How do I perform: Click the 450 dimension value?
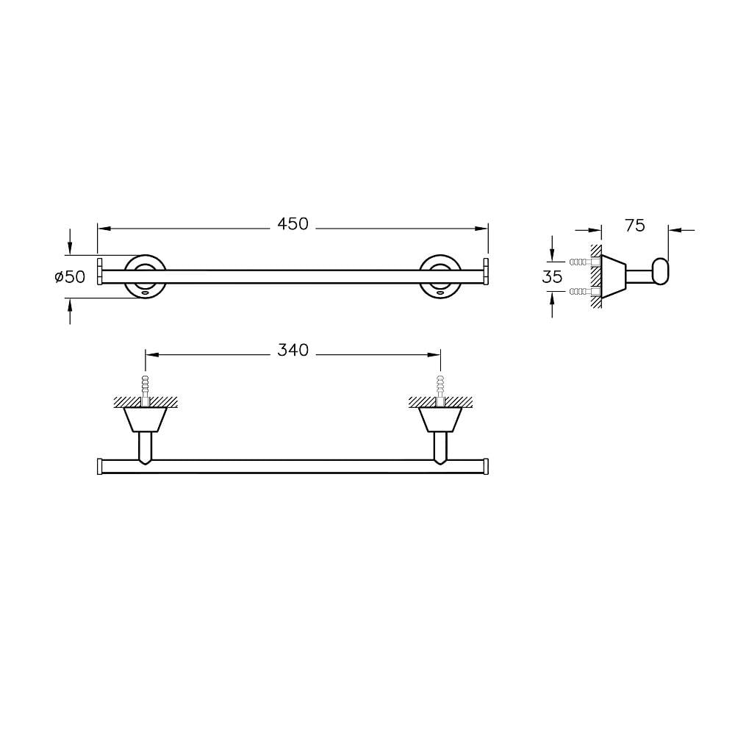(x=293, y=224)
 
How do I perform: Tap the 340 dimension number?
(x=293, y=351)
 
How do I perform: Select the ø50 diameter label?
(x=71, y=277)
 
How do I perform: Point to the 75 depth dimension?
(x=634, y=226)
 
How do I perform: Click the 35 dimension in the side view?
(x=552, y=277)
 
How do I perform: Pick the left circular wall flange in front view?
(x=144, y=276)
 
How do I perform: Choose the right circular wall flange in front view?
(x=440, y=276)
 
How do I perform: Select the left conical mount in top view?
(x=145, y=420)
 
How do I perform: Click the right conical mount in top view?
(x=440, y=420)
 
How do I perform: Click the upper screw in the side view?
(x=582, y=262)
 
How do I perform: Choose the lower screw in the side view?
(x=582, y=292)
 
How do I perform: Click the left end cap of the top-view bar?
(x=99, y=466)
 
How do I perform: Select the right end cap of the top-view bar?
(x=486, y=466)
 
